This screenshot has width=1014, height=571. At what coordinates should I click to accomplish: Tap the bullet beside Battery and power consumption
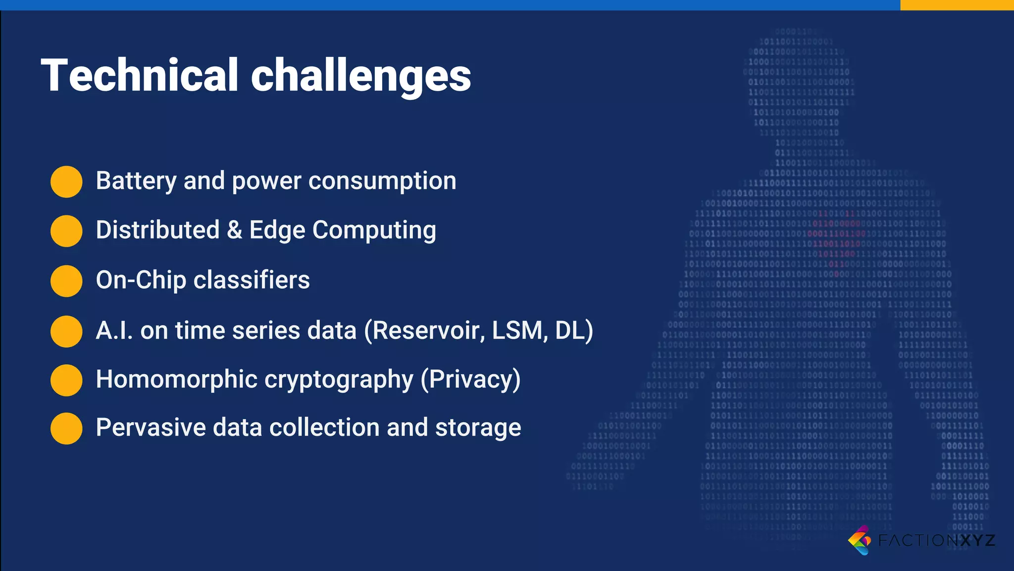click(66, 181)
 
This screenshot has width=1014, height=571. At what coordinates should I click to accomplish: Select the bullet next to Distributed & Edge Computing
click(66, 231)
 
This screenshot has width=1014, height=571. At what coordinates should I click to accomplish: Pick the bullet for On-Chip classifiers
click(66, 281)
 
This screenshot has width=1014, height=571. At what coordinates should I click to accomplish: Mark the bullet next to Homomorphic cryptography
click(66, 380)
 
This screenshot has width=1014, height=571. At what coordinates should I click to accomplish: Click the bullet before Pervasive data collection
click(66, 428)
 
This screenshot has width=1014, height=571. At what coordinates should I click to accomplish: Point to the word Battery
click(136, 181)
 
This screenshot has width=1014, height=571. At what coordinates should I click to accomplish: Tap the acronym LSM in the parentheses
click(519, 331)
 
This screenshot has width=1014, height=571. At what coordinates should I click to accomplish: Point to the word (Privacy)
click(470, 380)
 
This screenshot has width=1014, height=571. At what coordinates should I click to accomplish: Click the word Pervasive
click(151, 428)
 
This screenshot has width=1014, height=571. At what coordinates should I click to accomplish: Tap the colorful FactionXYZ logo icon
click(860, 540)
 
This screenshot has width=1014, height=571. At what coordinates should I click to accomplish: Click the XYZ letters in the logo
click(977, 540)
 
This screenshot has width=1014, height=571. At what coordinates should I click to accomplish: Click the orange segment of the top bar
click(957, 5)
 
